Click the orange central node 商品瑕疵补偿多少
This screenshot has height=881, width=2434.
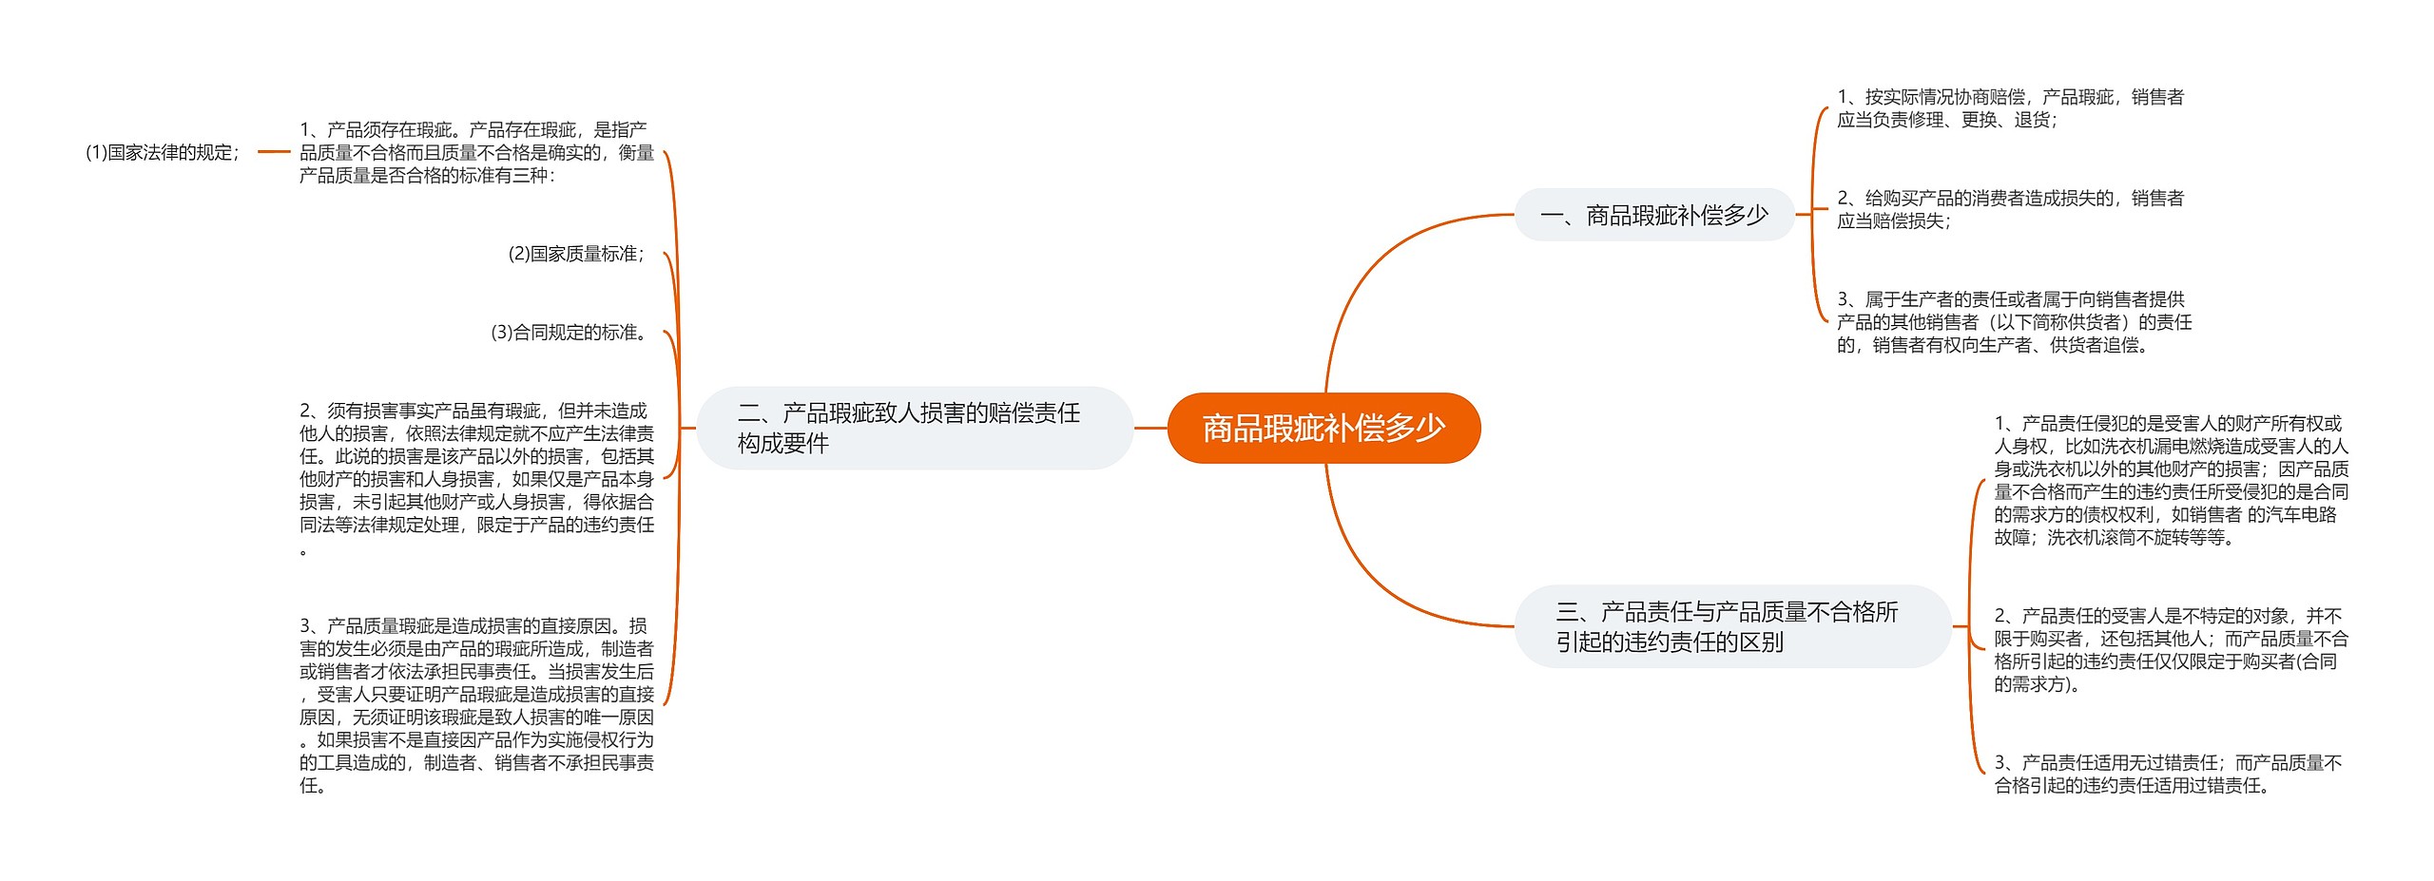point(1323,429)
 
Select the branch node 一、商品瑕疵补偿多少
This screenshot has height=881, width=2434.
point(1653,216)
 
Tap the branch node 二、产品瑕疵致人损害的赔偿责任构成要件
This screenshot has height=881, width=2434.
point(914,428)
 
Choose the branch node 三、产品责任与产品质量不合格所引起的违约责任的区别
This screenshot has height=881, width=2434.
point(1730,626)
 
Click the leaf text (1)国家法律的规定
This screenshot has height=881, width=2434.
point(163,152)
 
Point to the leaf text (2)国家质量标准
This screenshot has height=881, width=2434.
point(577,254)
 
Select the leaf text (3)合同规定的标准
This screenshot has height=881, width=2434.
point(570,333)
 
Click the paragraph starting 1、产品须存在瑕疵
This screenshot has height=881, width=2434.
point(476,152)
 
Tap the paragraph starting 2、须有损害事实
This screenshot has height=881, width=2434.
point(476,479)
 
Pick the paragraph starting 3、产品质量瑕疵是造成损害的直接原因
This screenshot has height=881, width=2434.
point(476,705)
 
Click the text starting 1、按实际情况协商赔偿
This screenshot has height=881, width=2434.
point(2010,108)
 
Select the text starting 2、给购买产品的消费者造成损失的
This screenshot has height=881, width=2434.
point(2010,209)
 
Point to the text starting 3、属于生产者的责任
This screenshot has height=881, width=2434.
point(2014,322)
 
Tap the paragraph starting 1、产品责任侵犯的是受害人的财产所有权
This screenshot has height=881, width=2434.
point(2171,480)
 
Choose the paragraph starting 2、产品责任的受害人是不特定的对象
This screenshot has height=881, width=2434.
point(2171,650)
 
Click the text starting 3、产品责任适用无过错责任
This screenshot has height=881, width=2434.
point(2168,774)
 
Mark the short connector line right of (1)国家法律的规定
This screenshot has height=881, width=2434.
point(274,151)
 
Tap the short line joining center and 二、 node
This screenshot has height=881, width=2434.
point(1150,428)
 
